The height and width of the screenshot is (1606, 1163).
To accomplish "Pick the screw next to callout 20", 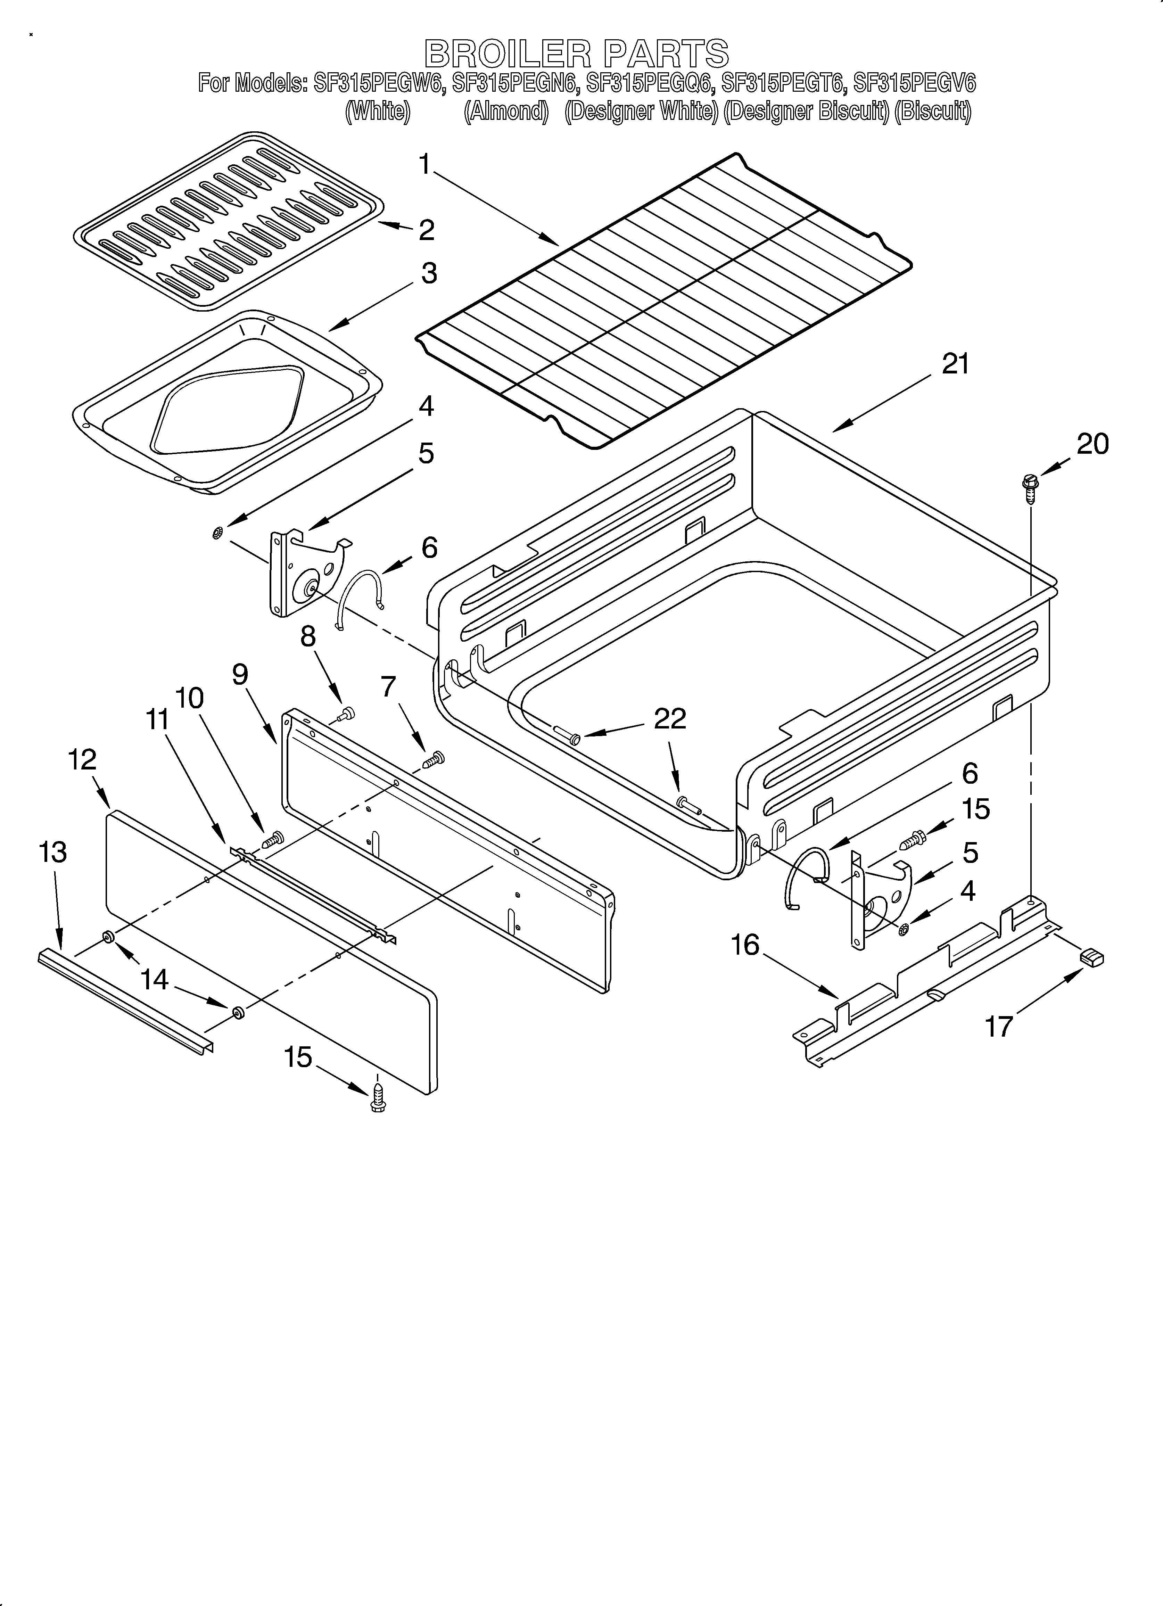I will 1029,488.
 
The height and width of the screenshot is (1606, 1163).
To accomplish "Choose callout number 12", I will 82,760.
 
